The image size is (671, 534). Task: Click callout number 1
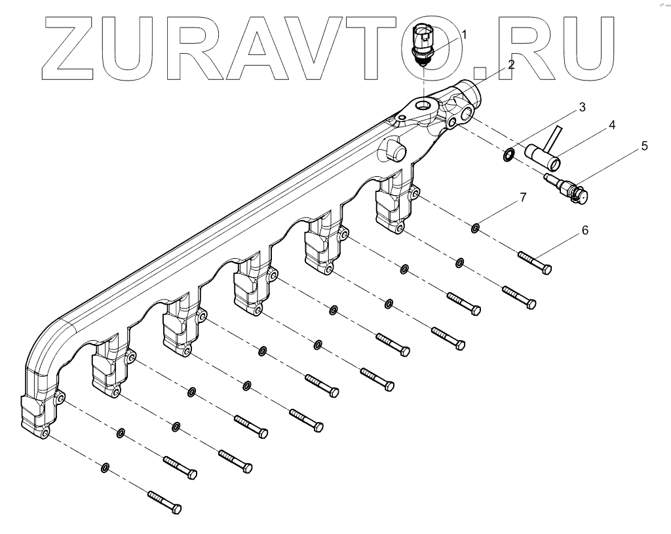(x=465, y=34)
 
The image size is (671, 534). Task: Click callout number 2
(x=510, y=65)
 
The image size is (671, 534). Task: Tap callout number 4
(x=611, y=124)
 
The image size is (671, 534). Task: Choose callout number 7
(x=522, y=197)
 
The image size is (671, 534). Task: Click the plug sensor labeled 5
(x=569, y=187)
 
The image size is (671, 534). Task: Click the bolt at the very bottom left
(x=164, y=501)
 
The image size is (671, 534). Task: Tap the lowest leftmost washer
(x=105, y=467)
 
